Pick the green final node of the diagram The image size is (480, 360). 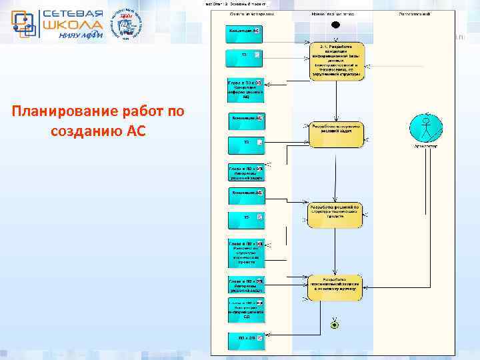pos(335,325)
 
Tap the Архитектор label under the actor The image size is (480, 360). pos(425,145)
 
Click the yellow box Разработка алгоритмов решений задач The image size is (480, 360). pos(336,133)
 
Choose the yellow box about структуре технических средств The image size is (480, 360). pos(335,215)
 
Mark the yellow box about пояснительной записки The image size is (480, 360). pos(335,285)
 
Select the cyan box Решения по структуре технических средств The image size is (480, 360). pos(247,253)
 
